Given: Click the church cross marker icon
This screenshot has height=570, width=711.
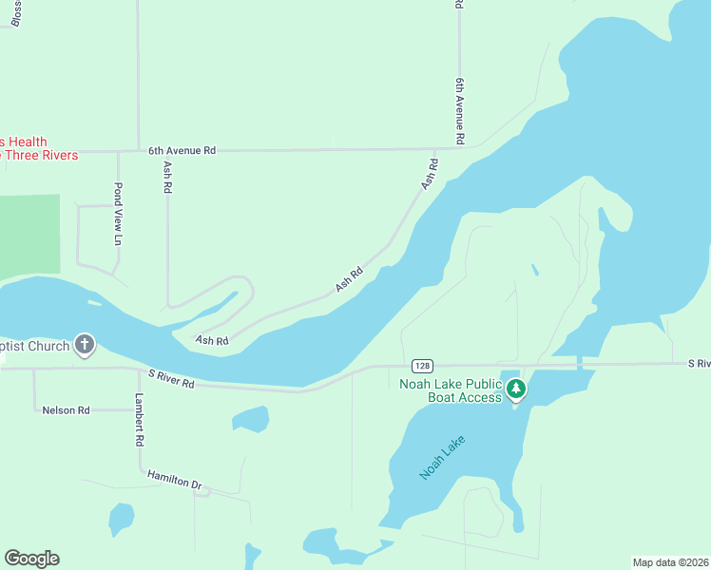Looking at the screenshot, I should click(x=85, y=344).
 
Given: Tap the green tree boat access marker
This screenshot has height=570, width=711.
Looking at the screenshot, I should click(x=516, y=389).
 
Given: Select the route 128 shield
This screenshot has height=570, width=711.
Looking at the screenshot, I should click(x=423, y=366).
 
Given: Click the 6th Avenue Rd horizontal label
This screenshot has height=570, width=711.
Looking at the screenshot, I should click(x=182, y=150).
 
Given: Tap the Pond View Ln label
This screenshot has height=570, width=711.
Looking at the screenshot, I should click(x=119, y=213).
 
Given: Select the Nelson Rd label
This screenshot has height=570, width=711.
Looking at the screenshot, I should click(x=66, y=410).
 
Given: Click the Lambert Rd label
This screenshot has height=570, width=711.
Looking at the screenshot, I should click(x=139, y=420).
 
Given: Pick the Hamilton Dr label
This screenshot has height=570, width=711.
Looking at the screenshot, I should click(x=175, y=480).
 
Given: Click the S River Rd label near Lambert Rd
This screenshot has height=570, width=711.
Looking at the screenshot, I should click(x=171, y=382).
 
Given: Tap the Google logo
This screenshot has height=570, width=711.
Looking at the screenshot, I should click(x=31, y=559).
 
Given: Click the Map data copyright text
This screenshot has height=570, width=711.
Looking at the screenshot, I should click(x=670, y=562).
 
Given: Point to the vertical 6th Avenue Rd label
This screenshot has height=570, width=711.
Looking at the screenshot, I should click(x=459, y=111).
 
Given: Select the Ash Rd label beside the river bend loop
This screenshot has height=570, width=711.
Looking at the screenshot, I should click(x=212, y=339).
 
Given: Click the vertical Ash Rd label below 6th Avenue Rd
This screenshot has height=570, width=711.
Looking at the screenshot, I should click(x=167, y=177).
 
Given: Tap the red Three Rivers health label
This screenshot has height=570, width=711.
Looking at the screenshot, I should click(x=38, y=148).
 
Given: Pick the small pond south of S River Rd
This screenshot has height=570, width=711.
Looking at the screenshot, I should click(x=250, y=419).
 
